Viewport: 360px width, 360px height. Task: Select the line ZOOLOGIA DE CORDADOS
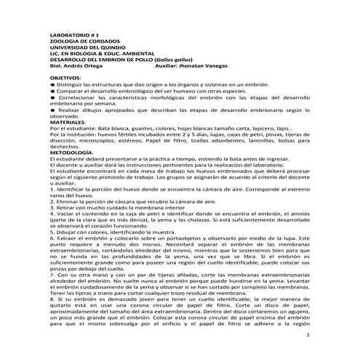point(79,41)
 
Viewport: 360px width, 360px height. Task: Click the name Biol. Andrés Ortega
point(75,68)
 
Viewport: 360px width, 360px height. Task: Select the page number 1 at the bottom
point(308,335)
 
